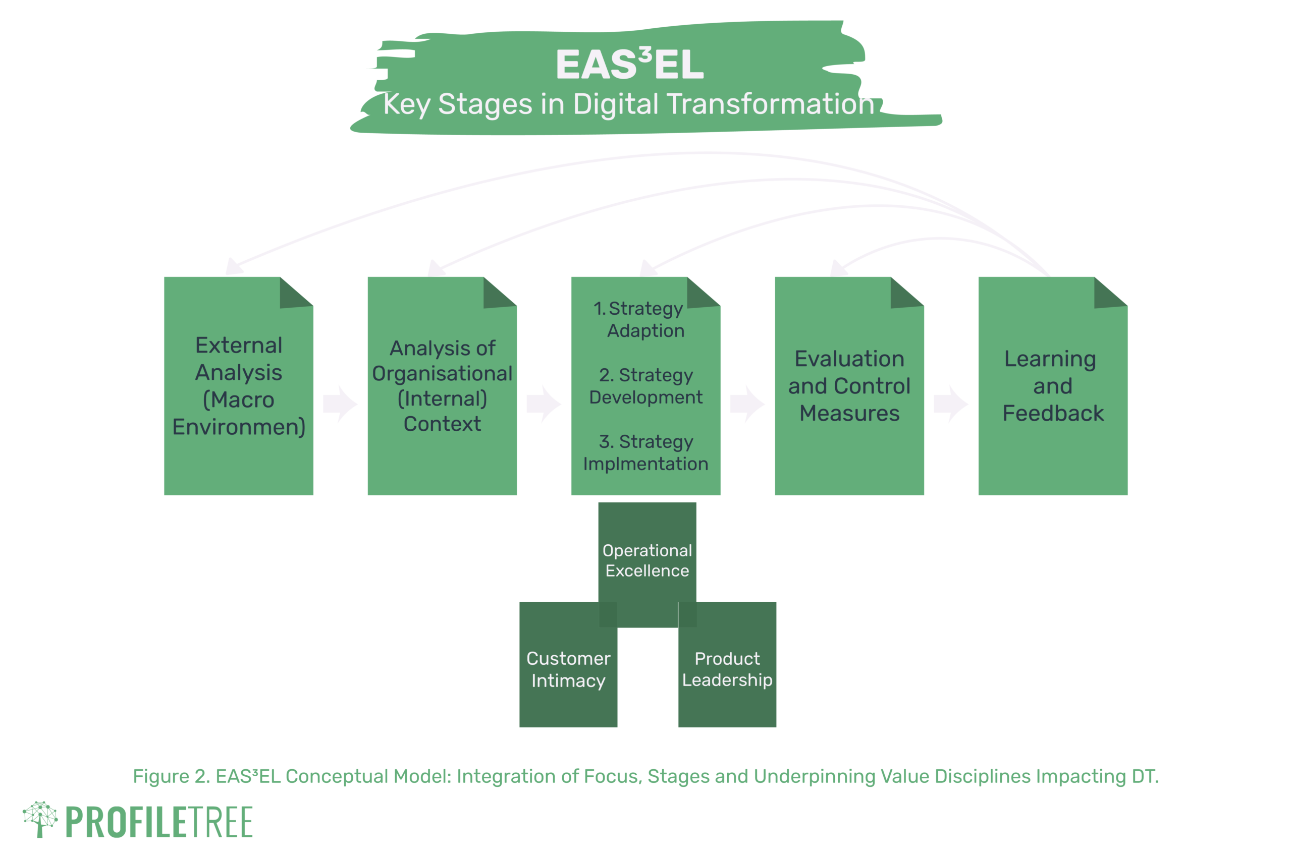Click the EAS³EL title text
point(629,65)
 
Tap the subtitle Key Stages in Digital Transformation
point(628,104)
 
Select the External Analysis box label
point(238,385)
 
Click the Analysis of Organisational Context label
point(442,385)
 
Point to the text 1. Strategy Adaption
point(645,319)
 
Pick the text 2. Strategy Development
point(645,385)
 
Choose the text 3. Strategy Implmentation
point(645,452)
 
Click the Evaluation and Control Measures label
point(849,385)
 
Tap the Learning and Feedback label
point(1052,385)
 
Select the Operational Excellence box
point(647,560)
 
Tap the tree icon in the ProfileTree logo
point(39,818)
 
